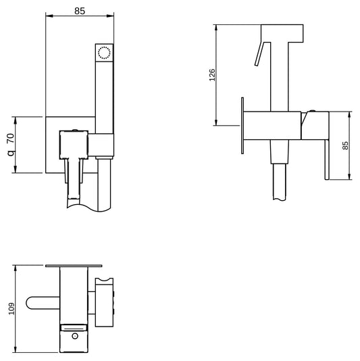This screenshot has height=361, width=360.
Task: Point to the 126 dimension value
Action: click(211, 74)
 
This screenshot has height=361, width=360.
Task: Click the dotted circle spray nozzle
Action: click(103, 52)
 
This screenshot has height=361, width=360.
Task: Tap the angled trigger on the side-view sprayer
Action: click(258, 54)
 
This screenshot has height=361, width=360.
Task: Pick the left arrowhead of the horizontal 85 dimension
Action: click(47, 13)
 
